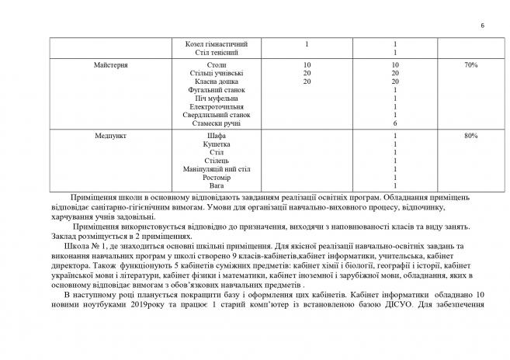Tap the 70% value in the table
(470, 65)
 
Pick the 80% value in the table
(470, 136)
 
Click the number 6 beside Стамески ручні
(395, 123)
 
